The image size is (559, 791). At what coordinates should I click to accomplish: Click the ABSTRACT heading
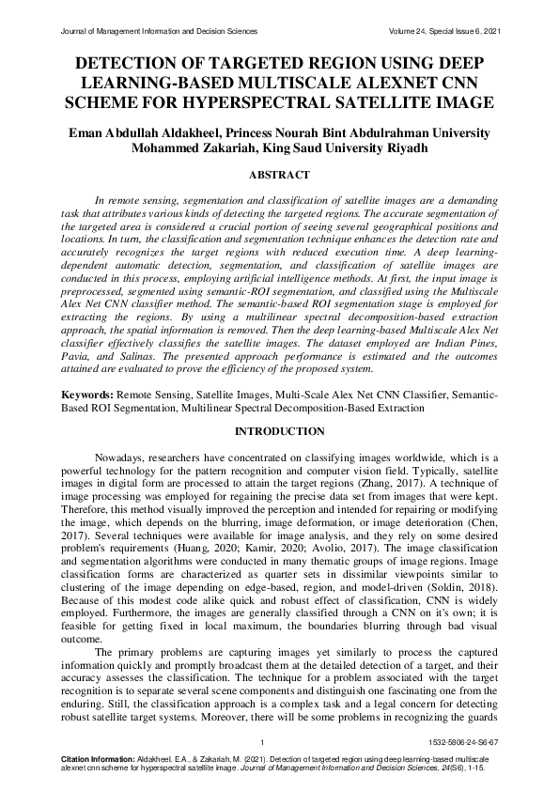pos(279,176)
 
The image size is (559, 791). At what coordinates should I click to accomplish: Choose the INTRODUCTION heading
pos(279,431)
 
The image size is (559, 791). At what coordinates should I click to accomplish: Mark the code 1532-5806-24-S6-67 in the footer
pos(464,742)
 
